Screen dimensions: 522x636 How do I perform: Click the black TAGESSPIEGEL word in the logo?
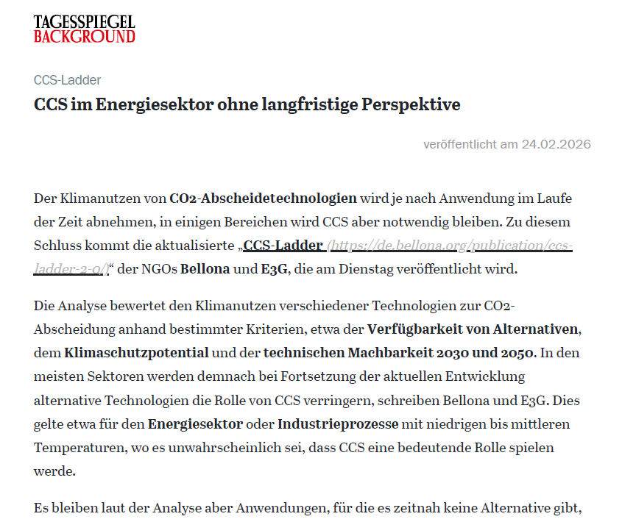click(x=85, y=21)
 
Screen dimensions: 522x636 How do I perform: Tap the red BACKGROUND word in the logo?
click(x=85, y=35)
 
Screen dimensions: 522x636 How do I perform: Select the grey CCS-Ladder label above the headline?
click(x=67, y=80)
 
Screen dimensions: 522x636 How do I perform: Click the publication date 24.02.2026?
click(x=556, y=144)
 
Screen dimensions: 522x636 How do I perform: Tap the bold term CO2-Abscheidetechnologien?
click(x=263, y=198)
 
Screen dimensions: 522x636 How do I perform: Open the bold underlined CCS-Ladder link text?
click(x=283, y=245)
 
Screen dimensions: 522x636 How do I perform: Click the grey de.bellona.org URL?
click(x=449, y=245)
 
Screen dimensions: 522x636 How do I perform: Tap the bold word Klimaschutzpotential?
click(x=136, y=352)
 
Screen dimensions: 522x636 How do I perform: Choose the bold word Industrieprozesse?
click(x=338, y=424)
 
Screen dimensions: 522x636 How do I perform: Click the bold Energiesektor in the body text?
click(x=195, y=424)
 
